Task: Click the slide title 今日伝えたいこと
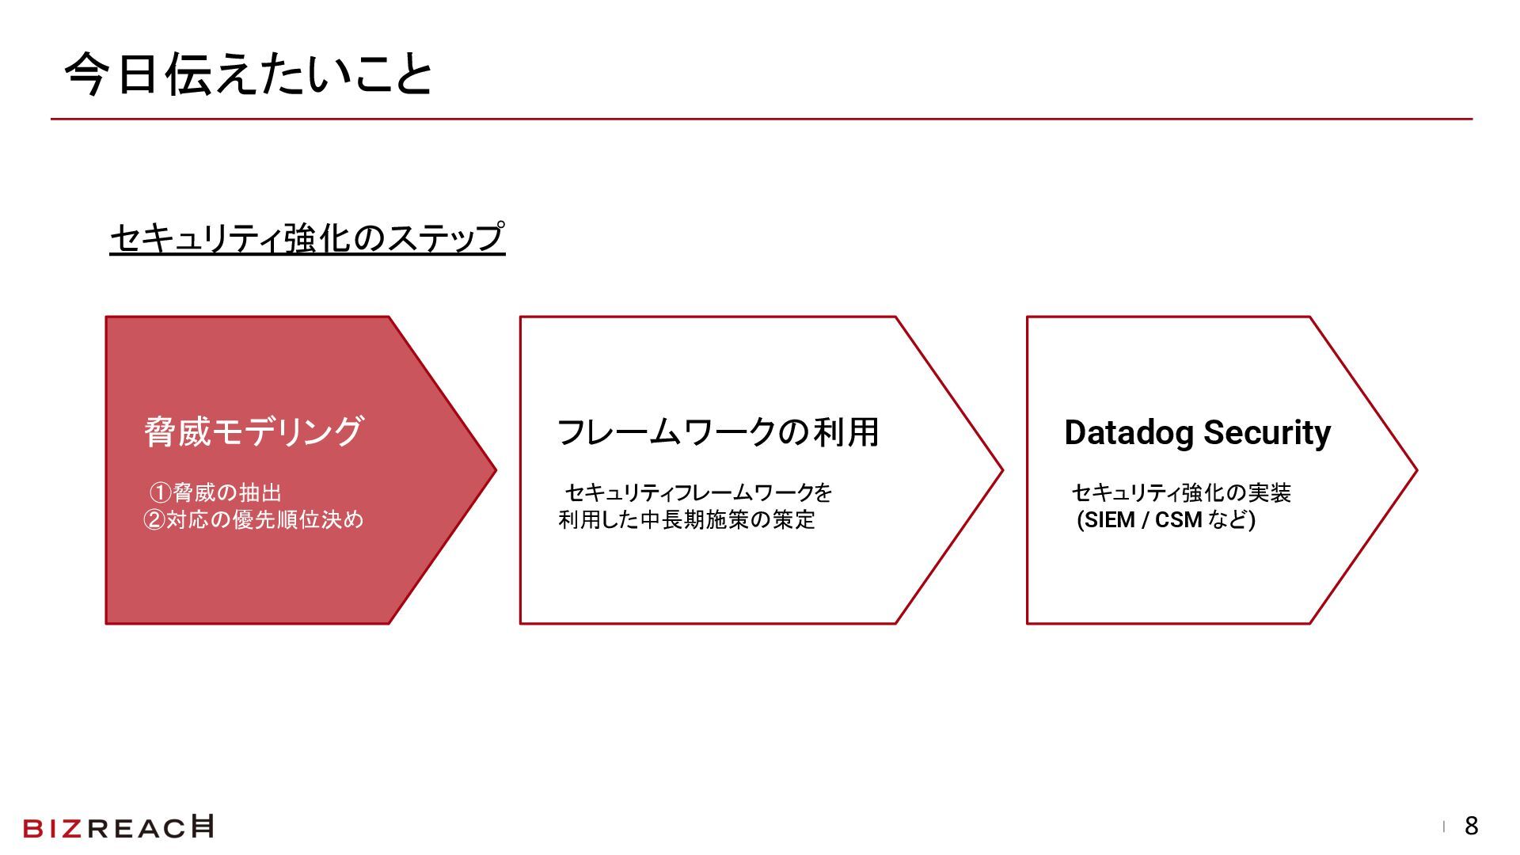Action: click(248, 75)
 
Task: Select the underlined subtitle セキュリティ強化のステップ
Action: click(307, 237)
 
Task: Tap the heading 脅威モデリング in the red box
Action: click(253, 432)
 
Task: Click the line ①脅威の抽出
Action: click(215, 493)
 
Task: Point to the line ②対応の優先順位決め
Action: click(253, 520)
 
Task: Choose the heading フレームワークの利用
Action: click(718, 432)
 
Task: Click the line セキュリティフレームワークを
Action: click(698, 493)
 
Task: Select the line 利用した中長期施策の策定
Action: click(686, 520)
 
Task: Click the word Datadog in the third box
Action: click(1129, 433)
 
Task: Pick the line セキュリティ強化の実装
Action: click(1181, 493)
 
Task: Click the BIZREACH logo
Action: click(119, 827)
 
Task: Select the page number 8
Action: click(1471, 826)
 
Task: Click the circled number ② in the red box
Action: click(154, 520)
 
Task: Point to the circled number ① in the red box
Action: click(161, 493)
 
